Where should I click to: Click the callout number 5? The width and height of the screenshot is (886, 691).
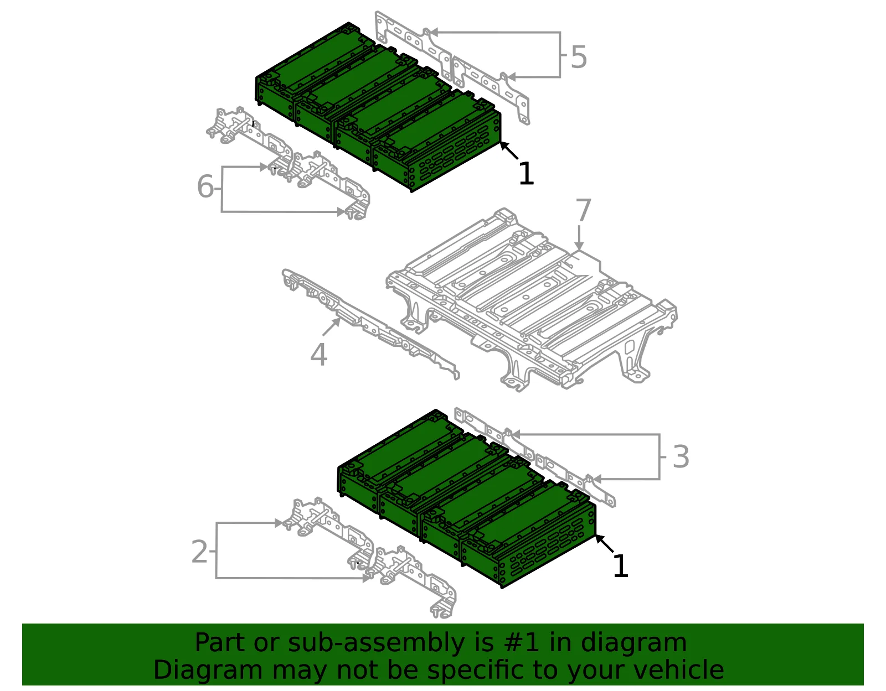(x=579, y=56)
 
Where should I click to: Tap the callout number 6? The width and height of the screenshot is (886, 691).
(x=205, y=186)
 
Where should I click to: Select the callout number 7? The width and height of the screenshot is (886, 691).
(x=583, y=210)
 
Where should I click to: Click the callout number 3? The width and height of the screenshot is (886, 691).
(x=681, y=456)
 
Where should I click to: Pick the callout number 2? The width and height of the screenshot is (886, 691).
(x=199, y=552)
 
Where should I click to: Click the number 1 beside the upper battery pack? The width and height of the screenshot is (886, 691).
(x=527, y=174)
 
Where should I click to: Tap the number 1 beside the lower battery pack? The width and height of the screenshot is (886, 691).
(x=621, y=565)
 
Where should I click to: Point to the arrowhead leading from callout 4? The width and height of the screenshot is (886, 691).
(x=337, y=321)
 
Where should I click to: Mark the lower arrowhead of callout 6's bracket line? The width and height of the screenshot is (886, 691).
(x=341, y=212)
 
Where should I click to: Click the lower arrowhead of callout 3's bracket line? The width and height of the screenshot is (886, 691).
(x=596, y=479)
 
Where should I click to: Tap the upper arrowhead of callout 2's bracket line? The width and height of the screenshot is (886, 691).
(x=279, y=523)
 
